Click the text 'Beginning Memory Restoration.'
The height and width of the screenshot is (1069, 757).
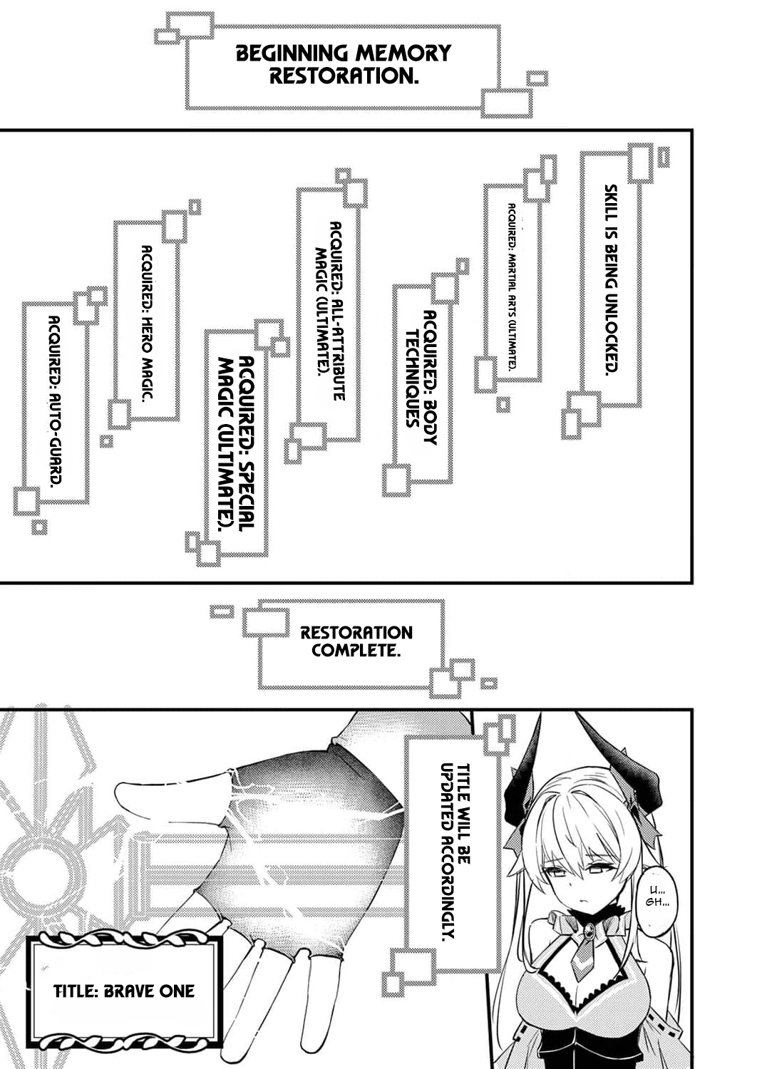pos(343,64)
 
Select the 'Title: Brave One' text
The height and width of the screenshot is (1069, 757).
pos(124,991)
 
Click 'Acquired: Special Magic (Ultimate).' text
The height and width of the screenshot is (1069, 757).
pos(235,442)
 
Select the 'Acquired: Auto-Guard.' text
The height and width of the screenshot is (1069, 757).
pos(54,402)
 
